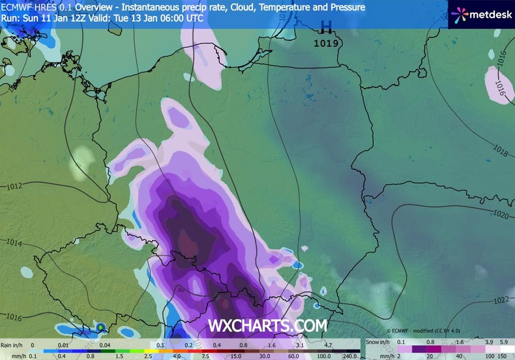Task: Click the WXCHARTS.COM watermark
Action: (x=267, y=324)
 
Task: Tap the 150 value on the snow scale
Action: (x=502, y=356)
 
